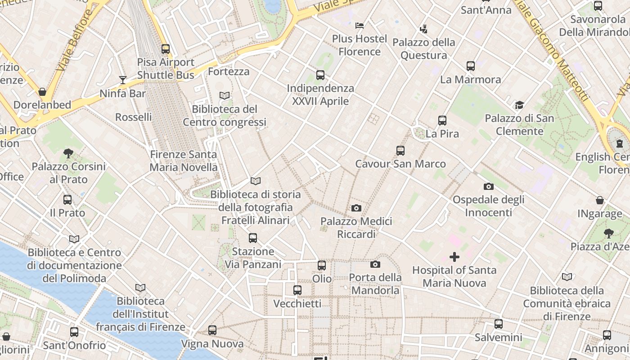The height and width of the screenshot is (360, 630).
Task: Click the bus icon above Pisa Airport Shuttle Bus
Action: pos(166,49)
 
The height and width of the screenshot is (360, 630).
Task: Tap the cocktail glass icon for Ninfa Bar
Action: pos(123,80)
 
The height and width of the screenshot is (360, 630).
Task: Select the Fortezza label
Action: pos(229,72)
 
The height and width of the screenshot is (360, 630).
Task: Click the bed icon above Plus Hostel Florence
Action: pos(359,25)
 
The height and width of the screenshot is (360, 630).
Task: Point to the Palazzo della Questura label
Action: pos(424,49)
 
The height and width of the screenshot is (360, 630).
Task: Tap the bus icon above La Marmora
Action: pos(470,66)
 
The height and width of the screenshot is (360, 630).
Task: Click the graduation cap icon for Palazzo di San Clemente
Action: pos(519,105)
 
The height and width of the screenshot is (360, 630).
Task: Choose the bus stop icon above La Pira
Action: pos(442,121)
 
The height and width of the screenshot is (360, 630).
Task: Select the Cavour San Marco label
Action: pos(400,164)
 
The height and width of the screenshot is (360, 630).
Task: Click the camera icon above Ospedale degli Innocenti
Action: pos(488,186)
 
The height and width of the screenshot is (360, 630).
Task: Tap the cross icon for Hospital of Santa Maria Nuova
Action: pos(454,257)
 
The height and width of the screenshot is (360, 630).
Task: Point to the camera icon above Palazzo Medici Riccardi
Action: pos(356,208)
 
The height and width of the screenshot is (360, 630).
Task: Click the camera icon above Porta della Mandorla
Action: pos(375,264)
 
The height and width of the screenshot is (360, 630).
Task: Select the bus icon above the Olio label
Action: pos(322,265)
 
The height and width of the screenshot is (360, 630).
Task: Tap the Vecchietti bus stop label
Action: pos(297,304)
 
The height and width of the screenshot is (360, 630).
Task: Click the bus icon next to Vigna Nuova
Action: pos(212,330)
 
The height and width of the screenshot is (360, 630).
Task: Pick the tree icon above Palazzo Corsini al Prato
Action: pos(68,153)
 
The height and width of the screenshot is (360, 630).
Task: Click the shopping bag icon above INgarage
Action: pos(599,200)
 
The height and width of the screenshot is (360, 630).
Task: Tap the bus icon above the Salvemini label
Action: pos(499,324)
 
